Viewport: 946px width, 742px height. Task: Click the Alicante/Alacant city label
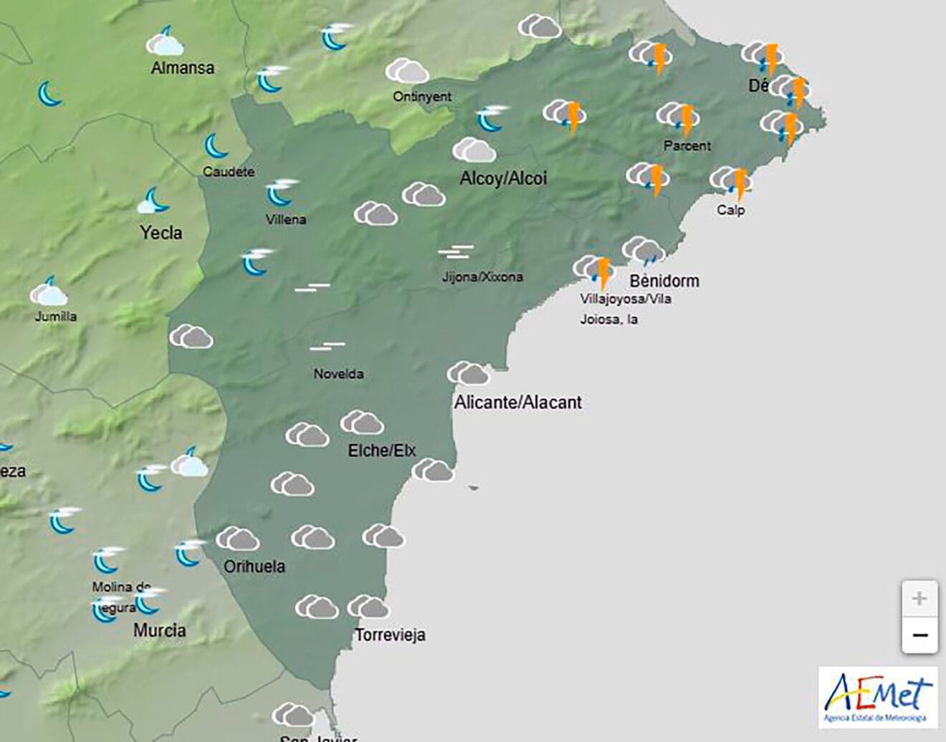coord(517,403)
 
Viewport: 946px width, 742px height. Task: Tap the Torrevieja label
coord(390,635)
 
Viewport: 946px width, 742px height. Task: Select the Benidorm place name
coord(664,281)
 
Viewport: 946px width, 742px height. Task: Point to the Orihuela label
coord(254,567)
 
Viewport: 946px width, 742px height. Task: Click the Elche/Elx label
coord(381,450)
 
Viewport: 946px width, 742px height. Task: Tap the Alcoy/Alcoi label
coord(503,178)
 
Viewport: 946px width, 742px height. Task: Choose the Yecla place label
coord(161,233)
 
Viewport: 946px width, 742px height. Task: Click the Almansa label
coord(183,68)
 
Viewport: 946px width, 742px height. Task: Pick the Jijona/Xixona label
coord(482,276)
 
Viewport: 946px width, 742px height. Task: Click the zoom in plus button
coord(919,598)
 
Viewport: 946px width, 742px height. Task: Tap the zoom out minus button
coord(919,635)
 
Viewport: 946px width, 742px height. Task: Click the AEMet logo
coord(878,697)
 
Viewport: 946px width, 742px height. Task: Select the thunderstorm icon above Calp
coord(732,182)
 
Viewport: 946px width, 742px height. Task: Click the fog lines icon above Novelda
coord(328,347)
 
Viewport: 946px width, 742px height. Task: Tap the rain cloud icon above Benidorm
coord(643,251)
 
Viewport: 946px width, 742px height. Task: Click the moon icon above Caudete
coord(216,146)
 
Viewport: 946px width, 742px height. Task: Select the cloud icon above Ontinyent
coord(406,72)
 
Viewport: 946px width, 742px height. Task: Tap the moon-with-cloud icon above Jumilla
coord(49,292)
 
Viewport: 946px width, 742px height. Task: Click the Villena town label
coord(286,220)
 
